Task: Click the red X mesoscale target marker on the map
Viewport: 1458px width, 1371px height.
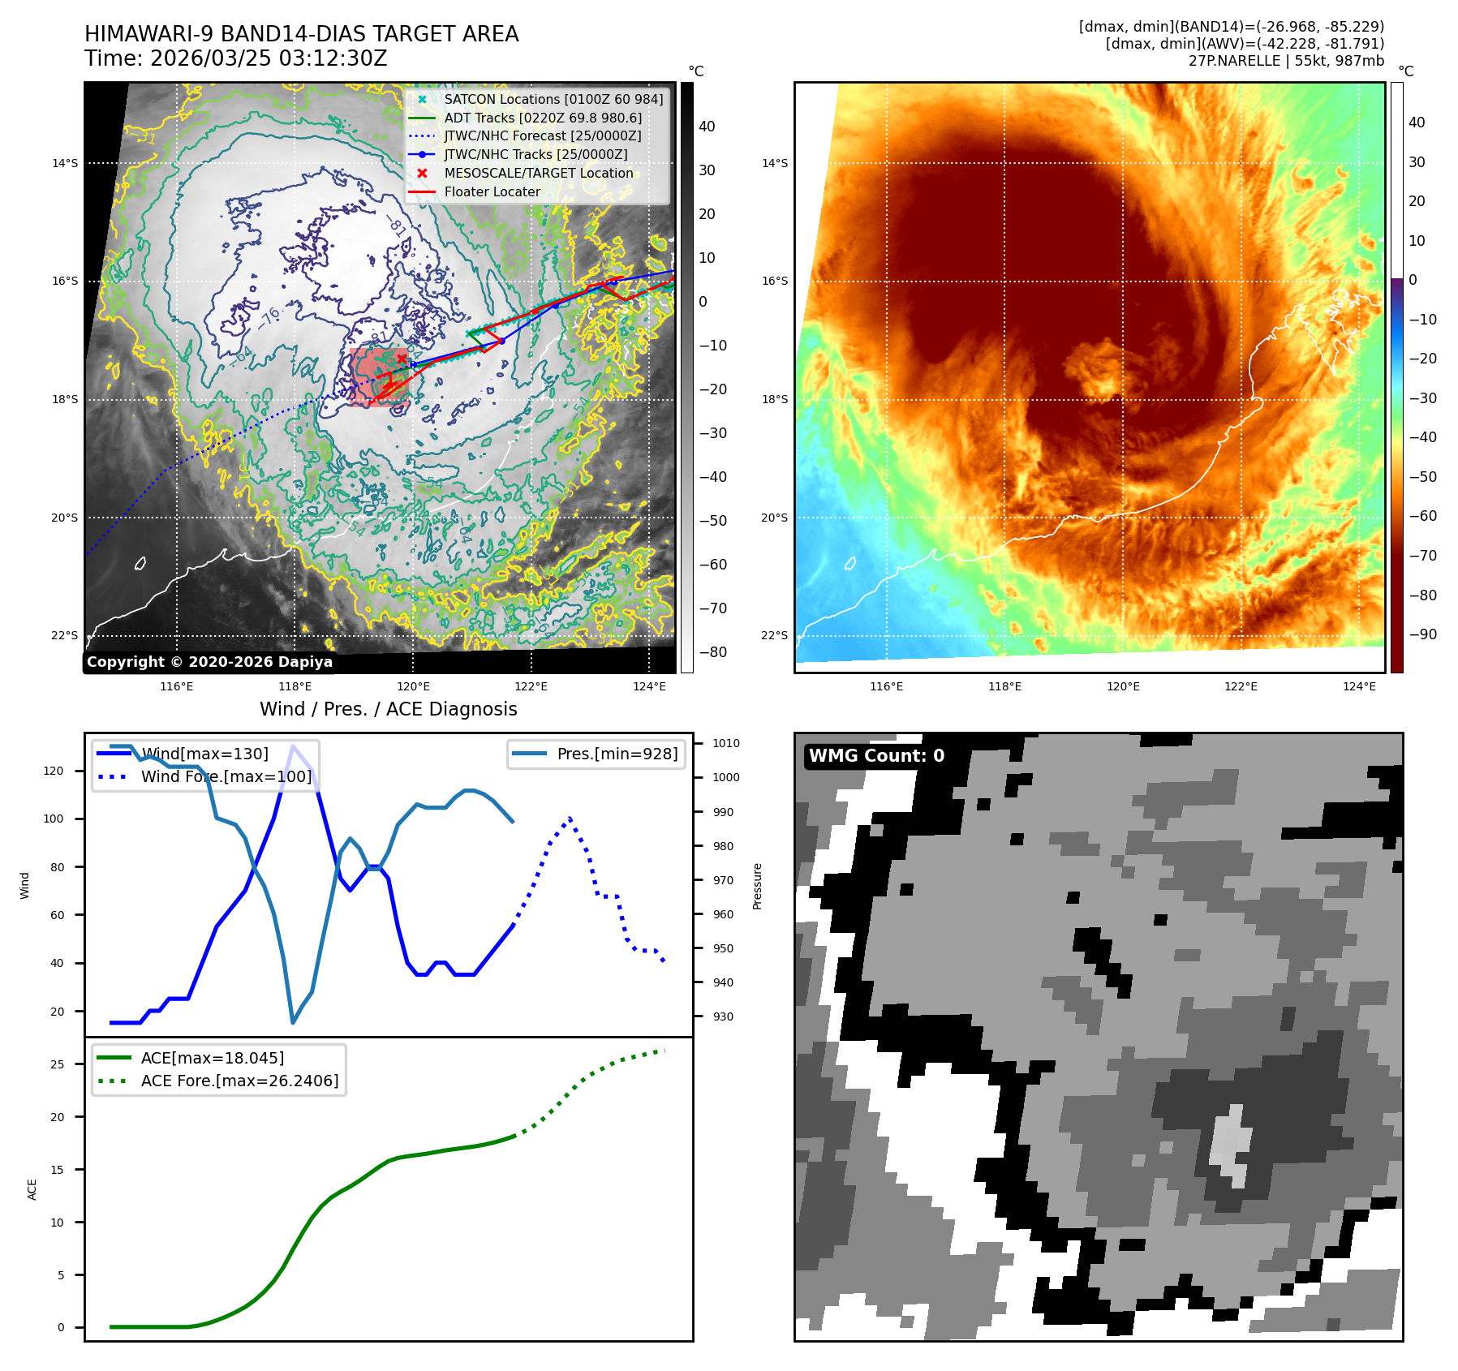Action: [x=401, y=359]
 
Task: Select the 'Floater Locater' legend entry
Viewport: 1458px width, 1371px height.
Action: [x=492, y=192]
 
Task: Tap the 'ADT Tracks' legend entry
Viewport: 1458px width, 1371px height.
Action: [x=542, y=118]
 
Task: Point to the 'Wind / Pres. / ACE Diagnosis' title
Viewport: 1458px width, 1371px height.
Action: [x=388, y=710]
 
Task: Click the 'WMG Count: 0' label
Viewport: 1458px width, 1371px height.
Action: [x=876, y=756]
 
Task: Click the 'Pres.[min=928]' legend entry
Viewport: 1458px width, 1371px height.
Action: [x=617, y=754]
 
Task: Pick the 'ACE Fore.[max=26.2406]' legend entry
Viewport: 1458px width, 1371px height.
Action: [x=239, y=1081]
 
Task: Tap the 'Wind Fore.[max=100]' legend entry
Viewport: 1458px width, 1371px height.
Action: [x=226, y=777]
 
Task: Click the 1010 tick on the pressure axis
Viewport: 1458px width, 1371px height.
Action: [x=725, y=744]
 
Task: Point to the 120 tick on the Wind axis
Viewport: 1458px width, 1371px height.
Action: [x=54, y=771]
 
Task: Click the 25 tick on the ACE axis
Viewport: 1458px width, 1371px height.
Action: [x=57, y=1064]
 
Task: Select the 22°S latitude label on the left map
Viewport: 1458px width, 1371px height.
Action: [x=65, y=636]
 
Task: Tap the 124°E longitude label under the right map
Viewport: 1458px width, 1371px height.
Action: [x=1359, y=687]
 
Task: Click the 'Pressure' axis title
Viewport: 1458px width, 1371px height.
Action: [x=757, y=886]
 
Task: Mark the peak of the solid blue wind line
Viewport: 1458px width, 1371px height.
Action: [x=293, y=746]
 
